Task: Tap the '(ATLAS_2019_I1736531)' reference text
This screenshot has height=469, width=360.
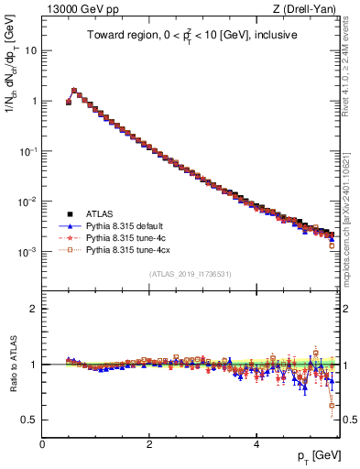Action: point(191,274)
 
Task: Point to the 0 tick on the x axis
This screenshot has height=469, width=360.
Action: point(42,443)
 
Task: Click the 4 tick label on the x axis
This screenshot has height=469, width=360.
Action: point(256,443)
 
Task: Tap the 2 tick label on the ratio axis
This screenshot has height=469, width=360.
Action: point(34,309)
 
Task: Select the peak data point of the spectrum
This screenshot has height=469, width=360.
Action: point(74,91)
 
